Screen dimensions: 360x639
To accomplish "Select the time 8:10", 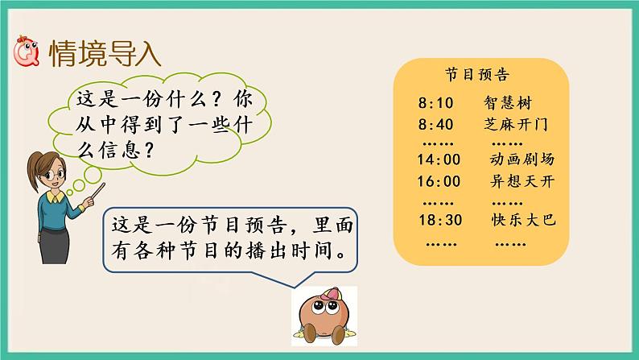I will point(436,103).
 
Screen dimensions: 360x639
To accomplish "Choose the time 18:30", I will point(439,219).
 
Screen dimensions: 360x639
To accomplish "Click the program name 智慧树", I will point(508,103).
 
